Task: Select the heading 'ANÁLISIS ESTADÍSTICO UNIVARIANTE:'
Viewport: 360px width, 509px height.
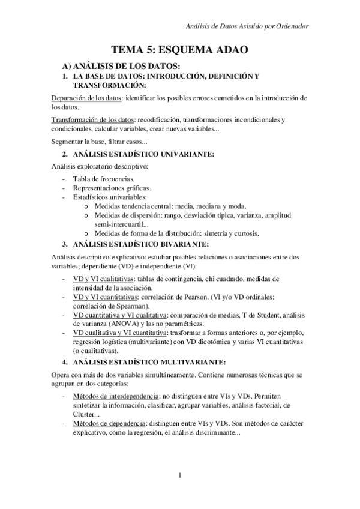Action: pos(143,154)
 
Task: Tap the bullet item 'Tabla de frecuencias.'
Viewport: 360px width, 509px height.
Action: pos(104,179)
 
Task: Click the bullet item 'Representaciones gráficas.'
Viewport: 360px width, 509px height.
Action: pos(112,188)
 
